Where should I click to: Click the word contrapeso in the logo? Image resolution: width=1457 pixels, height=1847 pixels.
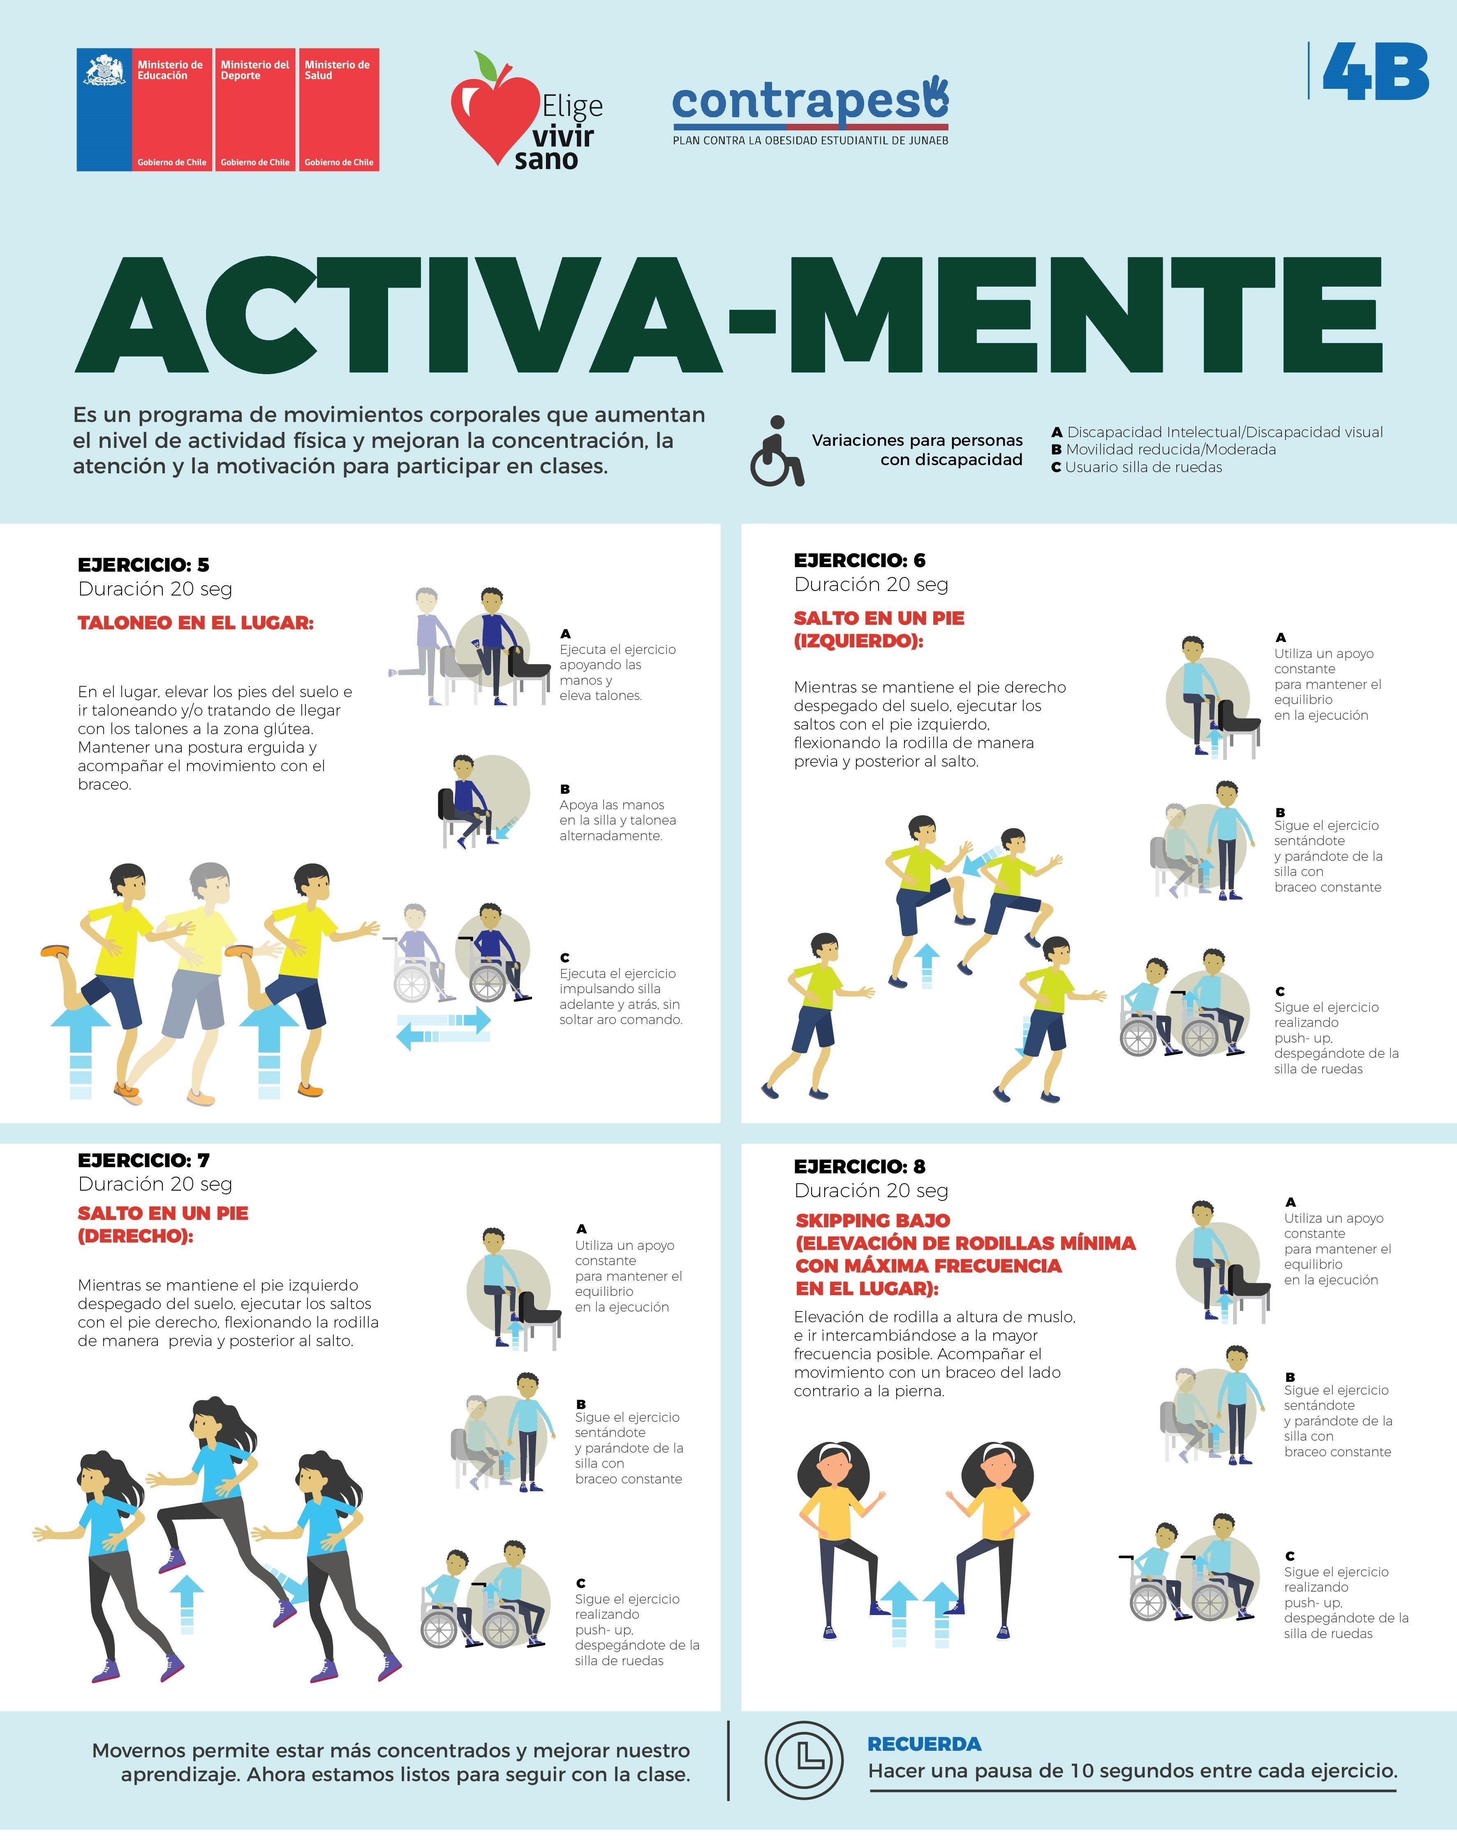click(x=809, y=102)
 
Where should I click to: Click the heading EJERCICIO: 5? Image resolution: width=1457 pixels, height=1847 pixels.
click(x=143, y=565)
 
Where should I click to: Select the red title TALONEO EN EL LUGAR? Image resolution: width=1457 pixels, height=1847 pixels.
click(x=195, y=623)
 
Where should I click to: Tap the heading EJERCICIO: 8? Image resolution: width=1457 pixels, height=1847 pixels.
click(x=859, y=1166)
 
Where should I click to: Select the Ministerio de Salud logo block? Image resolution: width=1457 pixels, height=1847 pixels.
click(x=339, y=110)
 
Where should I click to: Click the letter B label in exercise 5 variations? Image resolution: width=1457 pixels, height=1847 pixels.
click(x=565, y=789)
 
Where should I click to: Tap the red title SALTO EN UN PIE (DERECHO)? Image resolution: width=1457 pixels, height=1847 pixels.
click(x=163, y=1224)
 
